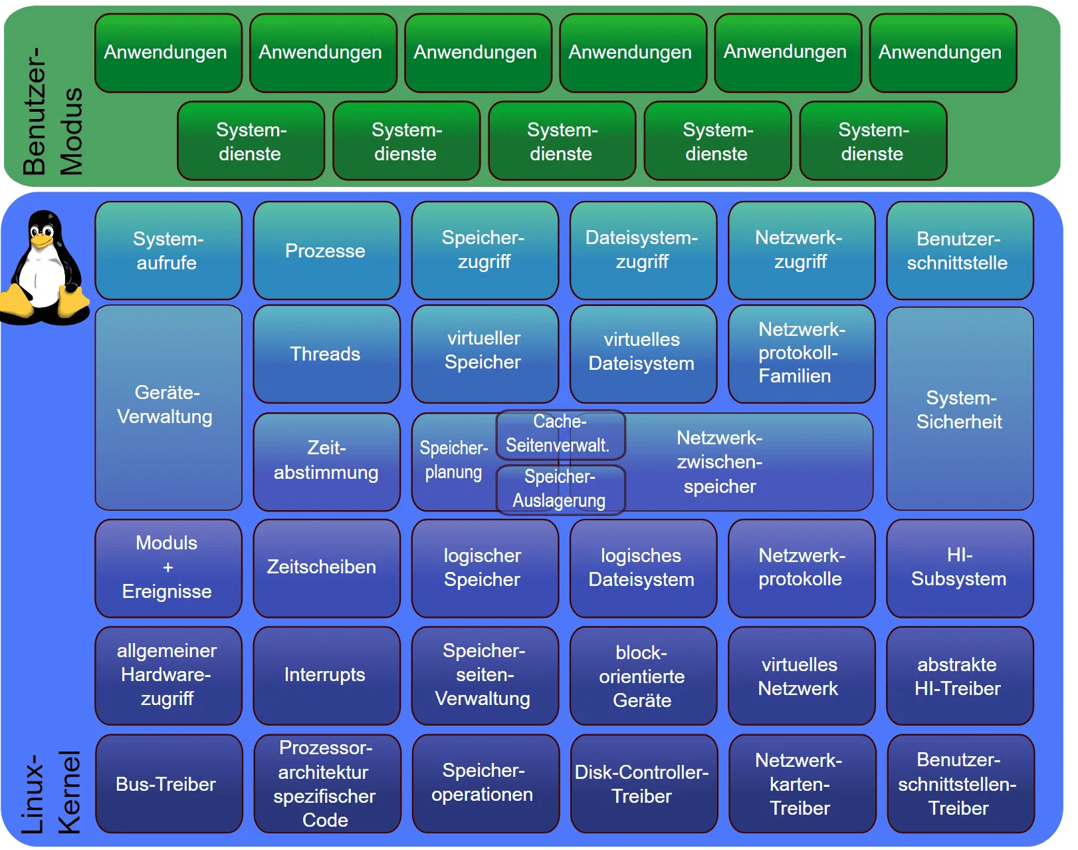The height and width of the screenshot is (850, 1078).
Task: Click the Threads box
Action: pyautogui.click(x=326, y=354)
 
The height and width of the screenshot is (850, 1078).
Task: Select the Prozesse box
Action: pyautogui.click(x=326, y=251)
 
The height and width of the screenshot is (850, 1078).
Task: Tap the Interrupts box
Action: pyautogui.click(x=326, y=675)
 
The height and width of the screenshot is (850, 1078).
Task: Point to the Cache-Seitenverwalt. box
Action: pyautogui.click(x=560, y=434)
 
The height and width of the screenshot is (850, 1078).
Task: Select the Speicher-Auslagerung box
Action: pyautogui.click(x=560, y=490)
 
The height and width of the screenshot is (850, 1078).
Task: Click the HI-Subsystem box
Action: pyautogui.click(x=959, y=567)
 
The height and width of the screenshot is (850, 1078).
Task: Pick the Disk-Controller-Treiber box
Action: pyautogui.click(x=643, y=784)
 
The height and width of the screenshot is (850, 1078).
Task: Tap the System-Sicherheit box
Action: pyautogui.click(x=959, y=409)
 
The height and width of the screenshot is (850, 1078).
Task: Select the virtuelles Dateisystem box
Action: pyautogui.click(x=643, y=353)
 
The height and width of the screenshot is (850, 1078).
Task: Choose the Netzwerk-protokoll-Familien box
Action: pyautogui.click(x=801, y=353)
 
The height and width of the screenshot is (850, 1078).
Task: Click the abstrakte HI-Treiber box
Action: pyautogui.click(x=959, y=676)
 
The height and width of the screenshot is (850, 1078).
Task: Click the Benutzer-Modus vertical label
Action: pyautogui.click(x=53, y=112)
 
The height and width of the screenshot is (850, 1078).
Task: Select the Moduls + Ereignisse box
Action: pyautogui.click(x=167, y=567)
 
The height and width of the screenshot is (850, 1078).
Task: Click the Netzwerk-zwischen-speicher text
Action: pyautogui.click(x=720, y=462)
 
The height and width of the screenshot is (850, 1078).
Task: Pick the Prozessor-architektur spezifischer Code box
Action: pyautogui.click(x=326, y=784)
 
